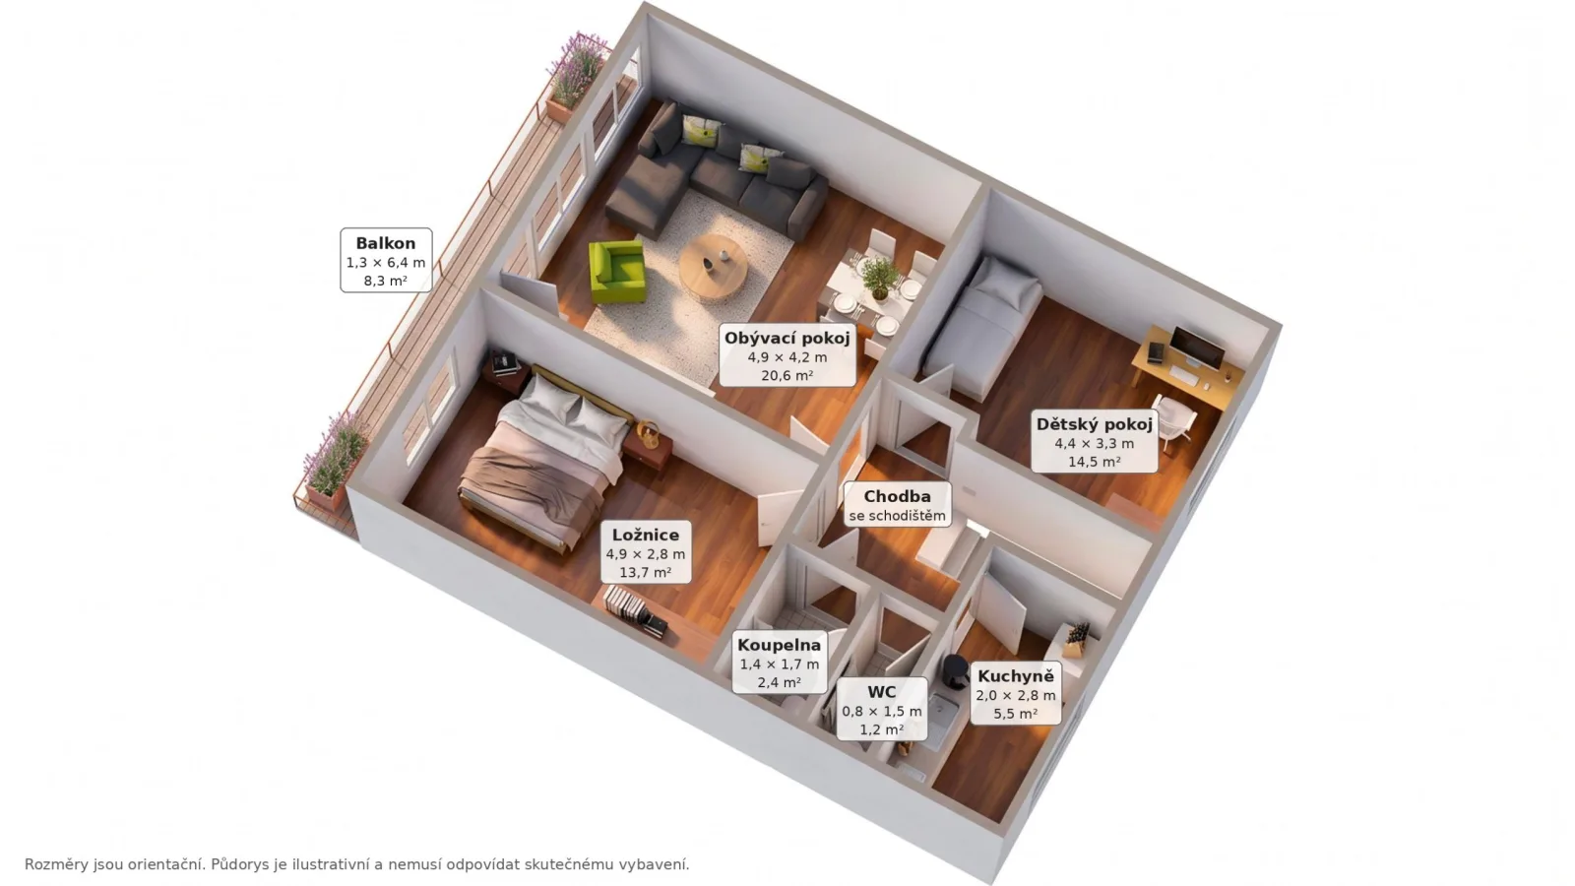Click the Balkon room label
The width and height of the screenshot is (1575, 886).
386,260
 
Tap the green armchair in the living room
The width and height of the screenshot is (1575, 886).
616,272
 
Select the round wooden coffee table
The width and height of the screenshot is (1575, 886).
714,266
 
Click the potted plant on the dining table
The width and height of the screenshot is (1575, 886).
879,278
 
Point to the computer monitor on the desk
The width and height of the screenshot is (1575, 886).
1197,348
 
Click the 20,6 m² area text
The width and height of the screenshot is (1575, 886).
787,376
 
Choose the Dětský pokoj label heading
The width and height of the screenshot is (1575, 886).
1094,424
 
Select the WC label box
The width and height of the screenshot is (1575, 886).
882,709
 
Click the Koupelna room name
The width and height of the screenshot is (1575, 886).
779,645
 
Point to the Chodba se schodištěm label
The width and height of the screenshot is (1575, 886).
897,505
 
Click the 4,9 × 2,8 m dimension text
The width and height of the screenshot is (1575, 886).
646,554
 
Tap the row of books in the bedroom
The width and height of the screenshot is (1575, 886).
634,610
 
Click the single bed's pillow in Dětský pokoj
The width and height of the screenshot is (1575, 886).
1005,281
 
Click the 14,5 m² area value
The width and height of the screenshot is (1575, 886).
1094,462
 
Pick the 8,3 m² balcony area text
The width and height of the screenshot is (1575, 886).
385,282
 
